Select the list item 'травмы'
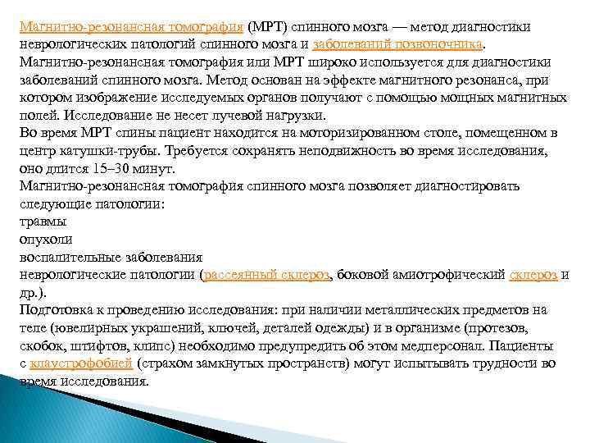point(43,221)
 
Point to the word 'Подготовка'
point(61,310)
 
